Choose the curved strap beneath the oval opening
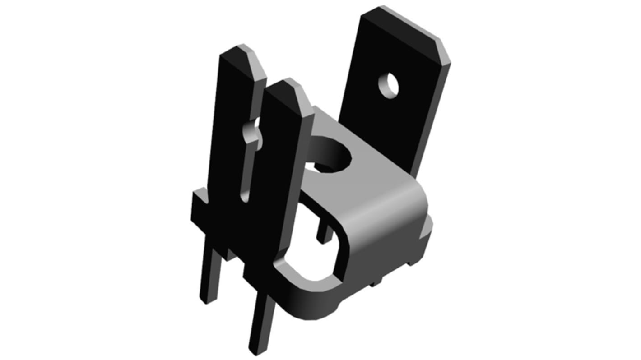tap(311, 300)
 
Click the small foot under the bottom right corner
tap(376, 283)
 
